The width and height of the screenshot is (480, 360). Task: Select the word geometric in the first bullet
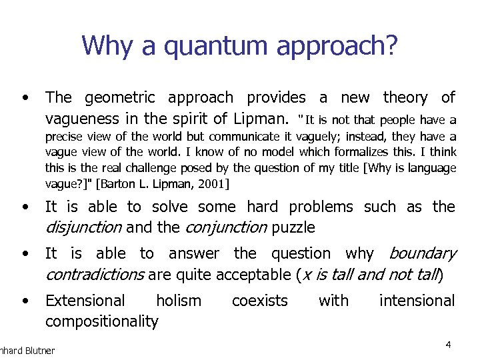click(x=121, y=98)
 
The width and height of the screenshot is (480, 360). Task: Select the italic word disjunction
click(x=83, y=228)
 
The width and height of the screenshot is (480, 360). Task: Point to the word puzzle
click(x=291, y=228)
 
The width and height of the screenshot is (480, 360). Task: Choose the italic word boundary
click(x=422, y=254)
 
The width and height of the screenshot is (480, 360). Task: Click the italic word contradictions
click(x=94, y=275)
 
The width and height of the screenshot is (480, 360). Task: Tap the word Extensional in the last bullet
click(x=85, y=301)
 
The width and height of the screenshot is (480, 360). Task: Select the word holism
click(x=178, y=301)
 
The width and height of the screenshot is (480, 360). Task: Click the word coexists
click(x=259, y=301)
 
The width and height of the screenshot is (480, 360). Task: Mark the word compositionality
click(x=101, y=322)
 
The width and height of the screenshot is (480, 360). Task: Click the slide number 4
click(x=449, y=345)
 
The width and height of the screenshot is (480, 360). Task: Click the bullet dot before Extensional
click(x=25, y=301)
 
